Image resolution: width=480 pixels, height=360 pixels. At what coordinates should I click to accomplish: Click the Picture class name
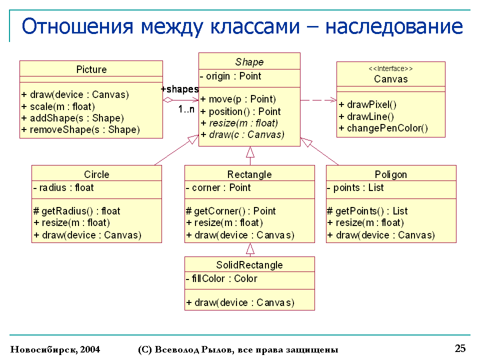(91, 69)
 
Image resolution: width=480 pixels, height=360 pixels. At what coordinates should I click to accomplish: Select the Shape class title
(249, 62)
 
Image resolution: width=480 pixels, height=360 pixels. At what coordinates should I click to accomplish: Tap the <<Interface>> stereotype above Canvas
(390, 69)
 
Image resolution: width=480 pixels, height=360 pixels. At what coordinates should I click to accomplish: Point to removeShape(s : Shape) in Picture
(80, 130)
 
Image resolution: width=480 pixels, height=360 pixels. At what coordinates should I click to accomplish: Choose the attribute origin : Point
(230, 76)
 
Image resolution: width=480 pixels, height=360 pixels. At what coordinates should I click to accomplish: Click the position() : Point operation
(240, 111)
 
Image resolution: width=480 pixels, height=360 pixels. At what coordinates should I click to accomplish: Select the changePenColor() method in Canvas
(383, 128)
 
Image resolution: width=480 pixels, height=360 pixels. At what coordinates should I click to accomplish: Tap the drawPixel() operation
(367, 104)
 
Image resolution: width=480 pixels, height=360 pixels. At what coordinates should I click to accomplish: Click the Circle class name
(96, 174)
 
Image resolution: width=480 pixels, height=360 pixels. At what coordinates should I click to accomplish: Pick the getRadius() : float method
(77, 211)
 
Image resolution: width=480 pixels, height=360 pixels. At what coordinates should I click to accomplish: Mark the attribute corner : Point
(218, 187)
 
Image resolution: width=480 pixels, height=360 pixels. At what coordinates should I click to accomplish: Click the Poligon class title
(391, 174)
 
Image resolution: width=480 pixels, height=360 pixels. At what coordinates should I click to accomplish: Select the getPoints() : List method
(367, 211)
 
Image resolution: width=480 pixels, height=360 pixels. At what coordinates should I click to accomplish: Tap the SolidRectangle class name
(249, 265)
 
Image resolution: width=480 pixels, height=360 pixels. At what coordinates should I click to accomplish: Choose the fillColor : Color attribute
(221, 278)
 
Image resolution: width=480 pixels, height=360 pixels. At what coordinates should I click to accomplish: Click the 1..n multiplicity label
(186, 110)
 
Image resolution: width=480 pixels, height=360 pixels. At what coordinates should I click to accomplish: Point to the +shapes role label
(180, 89)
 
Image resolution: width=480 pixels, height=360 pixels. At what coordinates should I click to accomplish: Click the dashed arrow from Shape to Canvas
(318, 100)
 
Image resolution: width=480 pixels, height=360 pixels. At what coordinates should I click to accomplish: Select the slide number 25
(460, 348)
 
